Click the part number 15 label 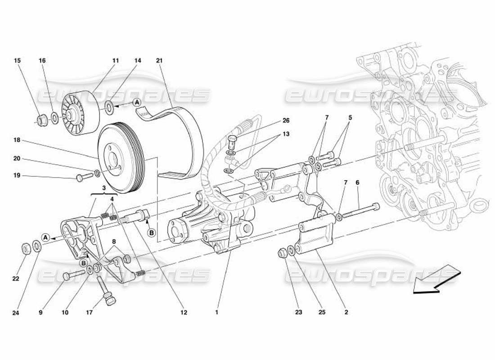coord(17,60)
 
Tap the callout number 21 coord(159,60)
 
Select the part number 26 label coord(286,121)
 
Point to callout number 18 coord(17,140)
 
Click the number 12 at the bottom coord(184,312)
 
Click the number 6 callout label coord(357,183)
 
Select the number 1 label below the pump coord(216,312)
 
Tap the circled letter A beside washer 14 coord(137,103)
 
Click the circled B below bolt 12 coord(151,233)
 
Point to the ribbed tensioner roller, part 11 coord(80,112)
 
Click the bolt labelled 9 coord(73,274)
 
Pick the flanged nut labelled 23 coord(283,253)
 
